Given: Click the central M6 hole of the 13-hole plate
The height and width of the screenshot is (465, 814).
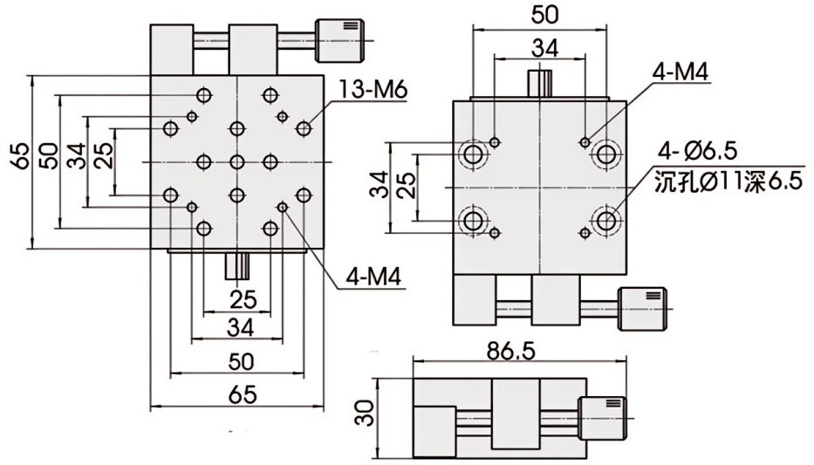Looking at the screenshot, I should (x=237, y=161).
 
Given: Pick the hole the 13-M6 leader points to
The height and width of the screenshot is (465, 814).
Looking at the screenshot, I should (x=304, y=129).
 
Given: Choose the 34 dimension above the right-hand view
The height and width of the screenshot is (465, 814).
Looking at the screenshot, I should (x=538, y=49).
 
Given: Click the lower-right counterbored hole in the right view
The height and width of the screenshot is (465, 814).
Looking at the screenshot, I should (x=605, y=220).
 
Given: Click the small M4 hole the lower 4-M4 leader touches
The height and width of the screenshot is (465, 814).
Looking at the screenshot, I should (x=284, y=206).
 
